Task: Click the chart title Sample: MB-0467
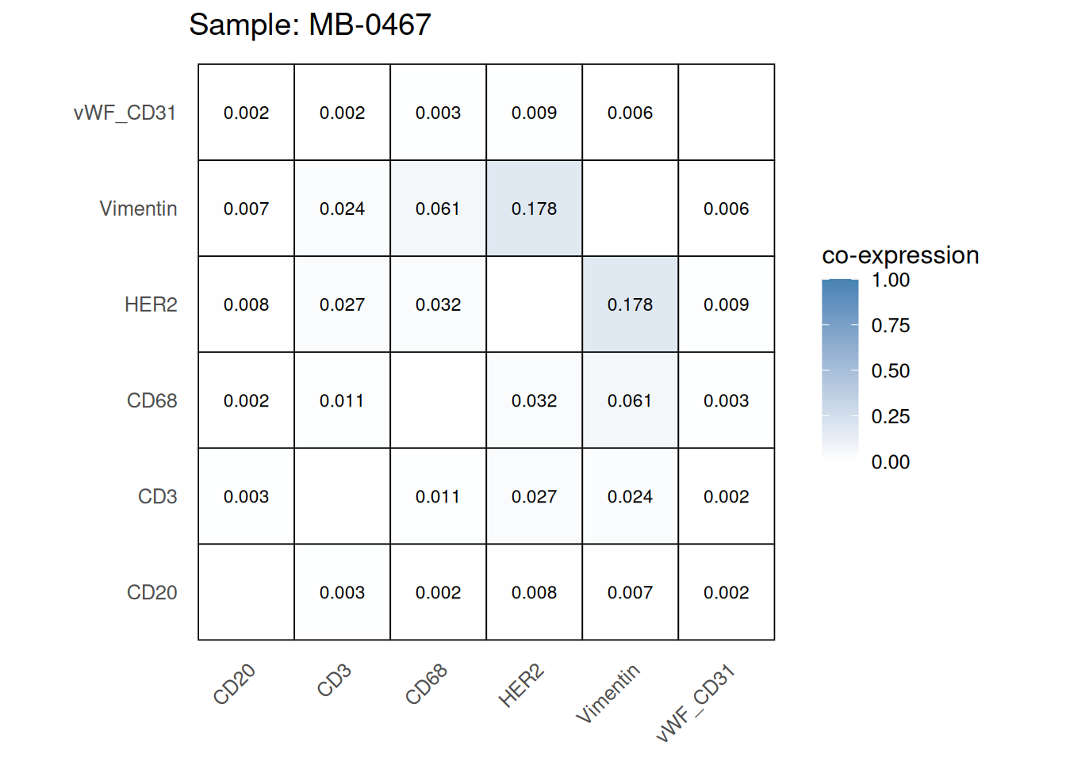pos(309,25)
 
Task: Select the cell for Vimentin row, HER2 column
pos(534,208)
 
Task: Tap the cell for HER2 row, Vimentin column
pos(630,304)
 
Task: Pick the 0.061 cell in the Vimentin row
pos(438,208)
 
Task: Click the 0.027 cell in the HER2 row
pos(342,304)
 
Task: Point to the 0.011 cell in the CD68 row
pos(342,400)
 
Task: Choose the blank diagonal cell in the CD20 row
pos(246,592)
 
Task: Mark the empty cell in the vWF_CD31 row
pos(726,113)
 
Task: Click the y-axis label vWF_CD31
pos(125,113)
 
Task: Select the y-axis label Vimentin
pos(138,208)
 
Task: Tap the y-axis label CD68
pos(151,400)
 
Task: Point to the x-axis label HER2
pos(521,686)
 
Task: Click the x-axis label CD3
pos(334,681)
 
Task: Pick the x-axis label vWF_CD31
pos(696,704)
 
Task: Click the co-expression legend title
pos(900,255)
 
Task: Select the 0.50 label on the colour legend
pos(890,371)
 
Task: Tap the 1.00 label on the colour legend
pos(890,280)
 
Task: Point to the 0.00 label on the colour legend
pos(890,462)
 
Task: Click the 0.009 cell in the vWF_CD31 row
pos(534,113)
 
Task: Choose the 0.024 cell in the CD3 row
pos(630,496)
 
